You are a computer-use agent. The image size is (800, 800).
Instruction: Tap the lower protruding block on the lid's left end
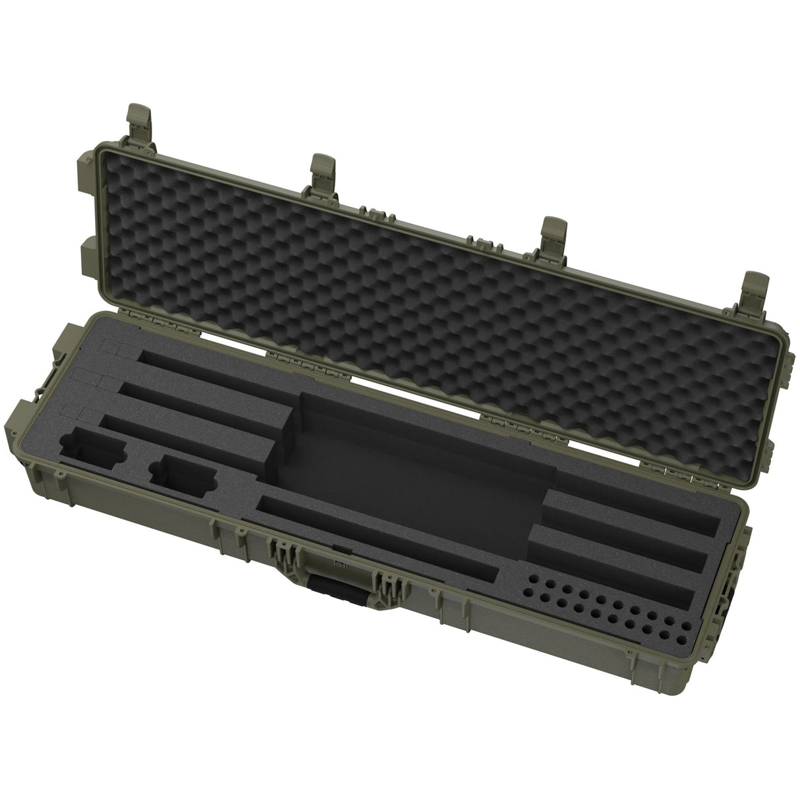pos(90,254)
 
